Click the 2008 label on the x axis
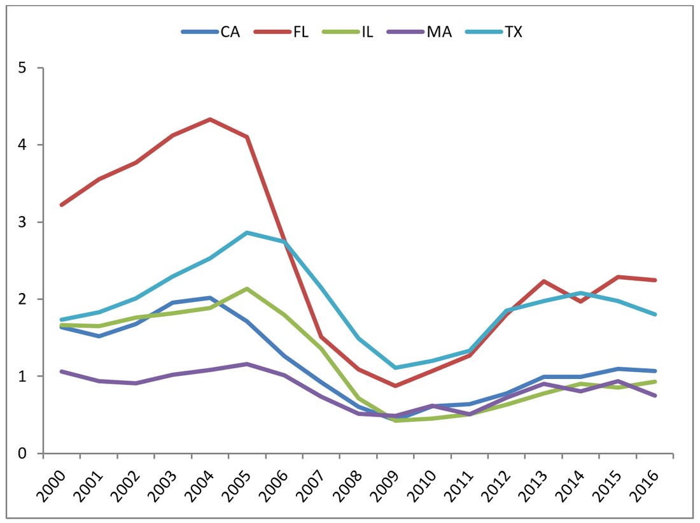point(349,478)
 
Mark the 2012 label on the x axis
point(497,478)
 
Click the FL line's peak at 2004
point(209,119)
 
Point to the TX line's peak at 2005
point(247,233)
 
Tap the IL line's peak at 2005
point(247,289)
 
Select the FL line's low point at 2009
point(395,386)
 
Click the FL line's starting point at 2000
point(61,204)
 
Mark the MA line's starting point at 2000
point(61,371)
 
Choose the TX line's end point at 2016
point(655,314)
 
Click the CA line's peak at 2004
point(209,297)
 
